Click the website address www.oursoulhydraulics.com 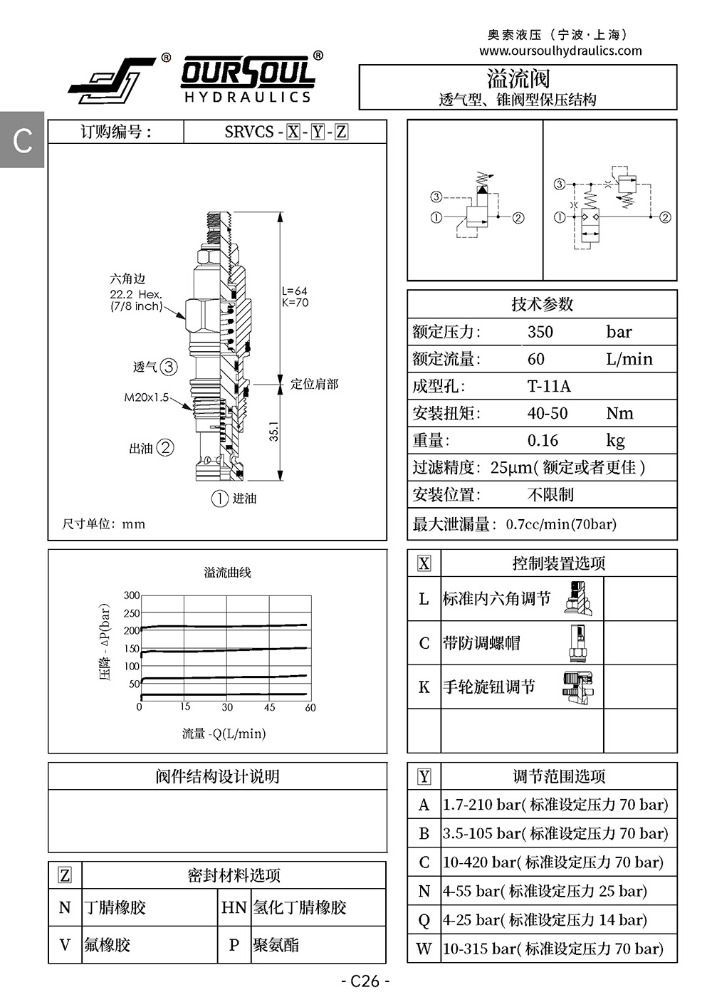(x=560, y=51)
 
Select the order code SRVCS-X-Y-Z (x=286, y=132)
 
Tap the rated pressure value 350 (x=540, y=332)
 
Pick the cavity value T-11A (x=549, y=386)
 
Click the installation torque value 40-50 (x=548, y=413)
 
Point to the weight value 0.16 (x=543, y=440)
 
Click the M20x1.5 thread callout (x=147, y=397)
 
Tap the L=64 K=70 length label (x=295, y=296)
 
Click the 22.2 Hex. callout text (x=136, y=294)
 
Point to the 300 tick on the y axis (x=132, y=595)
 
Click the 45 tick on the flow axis (x=269, y=707)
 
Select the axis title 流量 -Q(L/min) (x=224, y=734)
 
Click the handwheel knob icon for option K (x=578, y=687)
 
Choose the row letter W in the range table (x=424, y=949)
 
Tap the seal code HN (x=234, y=907)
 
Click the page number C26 (x=365, y=981)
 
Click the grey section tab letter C (x=23, y=140)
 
